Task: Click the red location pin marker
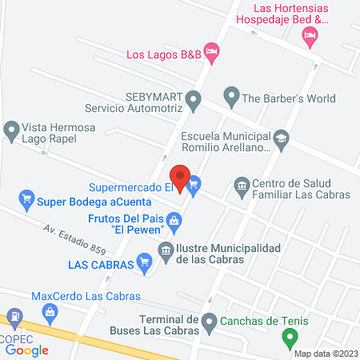click(180, 177)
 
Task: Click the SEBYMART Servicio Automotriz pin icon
click(193, 101)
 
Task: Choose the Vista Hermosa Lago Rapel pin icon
click(11, 129)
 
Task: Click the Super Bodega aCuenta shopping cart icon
click(26, 198)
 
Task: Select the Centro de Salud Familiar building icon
click(241, 186)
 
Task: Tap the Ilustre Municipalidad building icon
click(166, 250)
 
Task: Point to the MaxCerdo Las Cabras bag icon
click(49, 309)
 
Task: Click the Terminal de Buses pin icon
click(209, 324)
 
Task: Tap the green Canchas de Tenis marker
click(290, 337)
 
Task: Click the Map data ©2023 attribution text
click(325, 353)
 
